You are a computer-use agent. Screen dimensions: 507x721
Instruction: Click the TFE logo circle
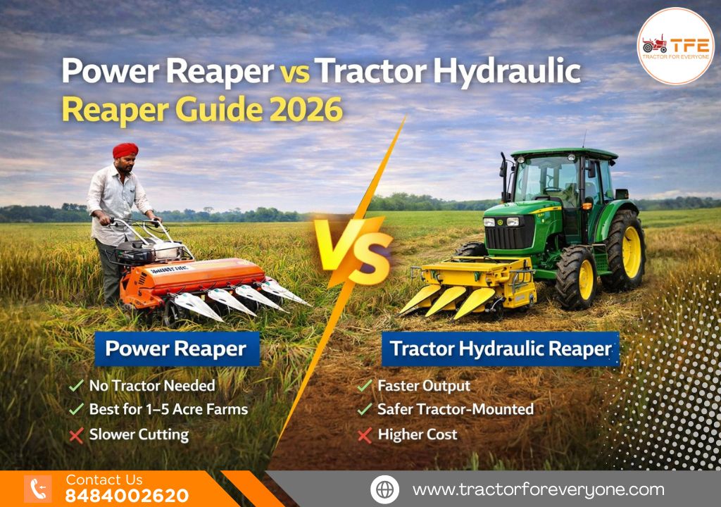pyautogui.click(x=675, y=46)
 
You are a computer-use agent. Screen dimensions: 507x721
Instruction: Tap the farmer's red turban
pyautogui.click(x=125, y=151)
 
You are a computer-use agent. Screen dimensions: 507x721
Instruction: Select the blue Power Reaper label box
pyautogui.click(x=176, y=349)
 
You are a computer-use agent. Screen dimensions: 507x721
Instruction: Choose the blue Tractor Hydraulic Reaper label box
pyautogui.click(x=501, y=349)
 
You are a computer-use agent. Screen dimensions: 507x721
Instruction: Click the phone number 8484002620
pyautogui.click(x=127, y=496)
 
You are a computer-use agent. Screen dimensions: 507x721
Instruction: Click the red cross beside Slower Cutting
pyautogui.click(x=77, y=434)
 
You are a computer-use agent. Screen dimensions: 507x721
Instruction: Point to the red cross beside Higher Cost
pyautogui.click(x=364, y=435)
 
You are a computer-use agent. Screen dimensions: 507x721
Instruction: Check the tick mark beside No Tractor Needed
pyautogui.click(x=77, y=386)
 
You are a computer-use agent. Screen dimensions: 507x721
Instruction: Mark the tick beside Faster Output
pyautogui.click(x=364, y=386)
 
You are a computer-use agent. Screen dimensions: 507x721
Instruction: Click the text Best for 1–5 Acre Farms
pyautogui.click(x=168, y=409)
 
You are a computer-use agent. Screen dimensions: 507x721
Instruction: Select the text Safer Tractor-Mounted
pyautogui.click(x=455, y=409)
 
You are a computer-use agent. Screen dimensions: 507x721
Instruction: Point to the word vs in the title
pyautogui.click(x=294, y=72)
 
